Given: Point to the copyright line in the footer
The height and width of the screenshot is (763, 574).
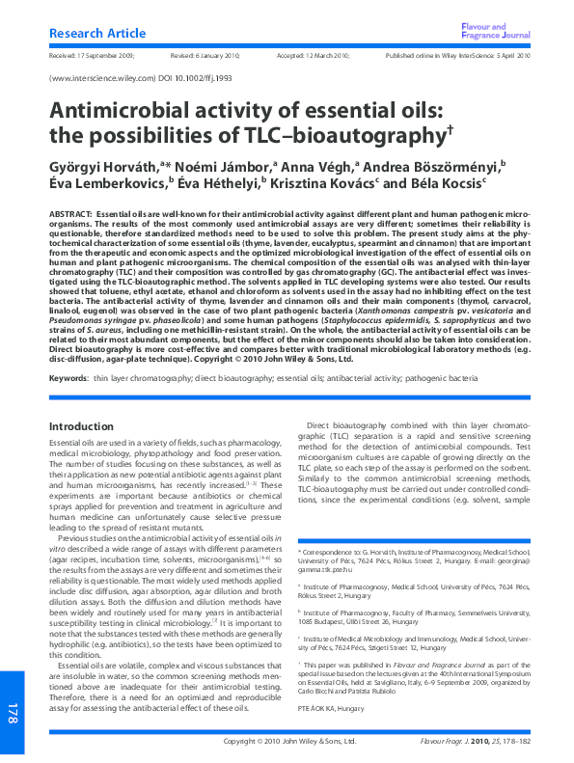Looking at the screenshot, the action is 289,742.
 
